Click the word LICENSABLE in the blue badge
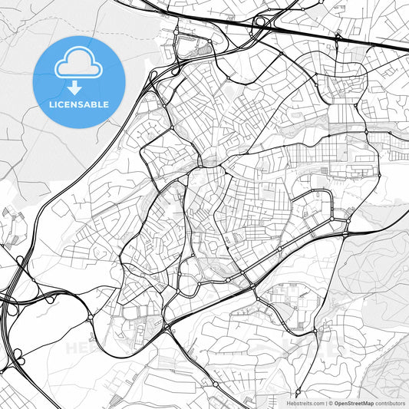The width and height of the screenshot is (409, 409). tap(80, 104)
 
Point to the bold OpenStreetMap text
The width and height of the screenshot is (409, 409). tap(352, 403)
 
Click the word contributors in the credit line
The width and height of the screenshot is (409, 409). tap(390, 403)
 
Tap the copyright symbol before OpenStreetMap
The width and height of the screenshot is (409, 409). tap(331, 403)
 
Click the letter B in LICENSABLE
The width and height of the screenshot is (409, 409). tap(97, 104)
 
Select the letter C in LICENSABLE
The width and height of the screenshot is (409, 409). tap(61, 104)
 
